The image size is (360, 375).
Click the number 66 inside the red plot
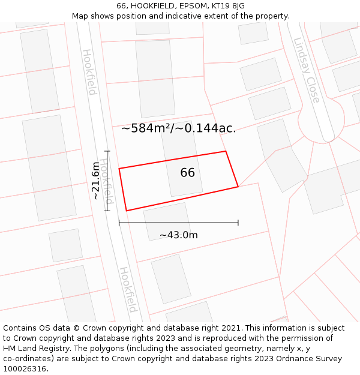[187, 173]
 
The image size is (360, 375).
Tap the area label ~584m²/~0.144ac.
[178, 128]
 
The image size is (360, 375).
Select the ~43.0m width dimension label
[178, 235]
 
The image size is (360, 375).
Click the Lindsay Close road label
[307, 70]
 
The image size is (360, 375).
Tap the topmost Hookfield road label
[89, 72]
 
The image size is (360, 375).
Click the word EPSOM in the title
[185, 6]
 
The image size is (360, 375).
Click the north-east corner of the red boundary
[226, 151]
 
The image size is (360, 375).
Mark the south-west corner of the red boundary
[126, 211]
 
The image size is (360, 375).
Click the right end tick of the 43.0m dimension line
[238, 223]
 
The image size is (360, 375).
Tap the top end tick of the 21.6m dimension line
[108, 151]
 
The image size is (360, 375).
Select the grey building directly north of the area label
[155, 78]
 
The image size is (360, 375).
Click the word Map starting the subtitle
[79, 16]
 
